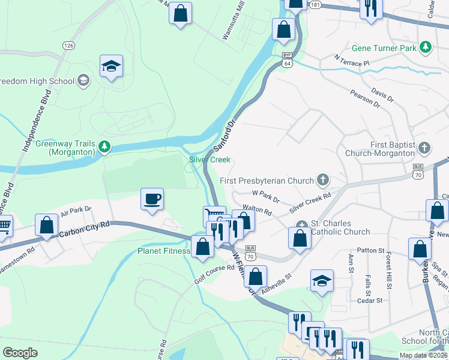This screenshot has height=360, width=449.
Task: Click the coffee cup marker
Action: pyautogui.click(x=152, y=199)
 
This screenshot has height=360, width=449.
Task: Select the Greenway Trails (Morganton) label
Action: pyautogui.click(x=65, y=148)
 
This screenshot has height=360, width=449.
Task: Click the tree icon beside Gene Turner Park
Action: pyautogui.click(x=426, y=47)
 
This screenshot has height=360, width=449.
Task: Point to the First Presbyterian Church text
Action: pyautogui.click(x=267, y=181)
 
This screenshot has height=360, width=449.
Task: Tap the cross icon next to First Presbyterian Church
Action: pyautogui.click(x=323, y=180)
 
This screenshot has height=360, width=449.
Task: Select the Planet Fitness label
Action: pyautogui.click(x=163, y=251)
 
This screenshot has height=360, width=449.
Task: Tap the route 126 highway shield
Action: pyautogui.click(x=69, y=46)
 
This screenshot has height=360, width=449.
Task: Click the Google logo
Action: pyautogui.click(x=20, y=353)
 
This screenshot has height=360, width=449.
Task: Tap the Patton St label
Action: pyautogui.click(x=370, y=250)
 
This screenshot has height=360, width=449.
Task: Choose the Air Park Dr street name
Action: pyautogui.click(x=76, y=211)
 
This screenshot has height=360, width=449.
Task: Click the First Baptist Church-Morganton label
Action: pyautogui.click(x=385, y=149)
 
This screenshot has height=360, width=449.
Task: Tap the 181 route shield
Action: pyautogui.click(x=316, y=5)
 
